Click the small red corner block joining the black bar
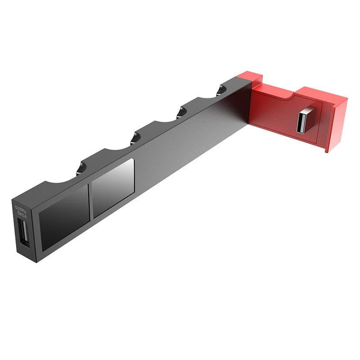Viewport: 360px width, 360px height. click(x=243, y=78)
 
